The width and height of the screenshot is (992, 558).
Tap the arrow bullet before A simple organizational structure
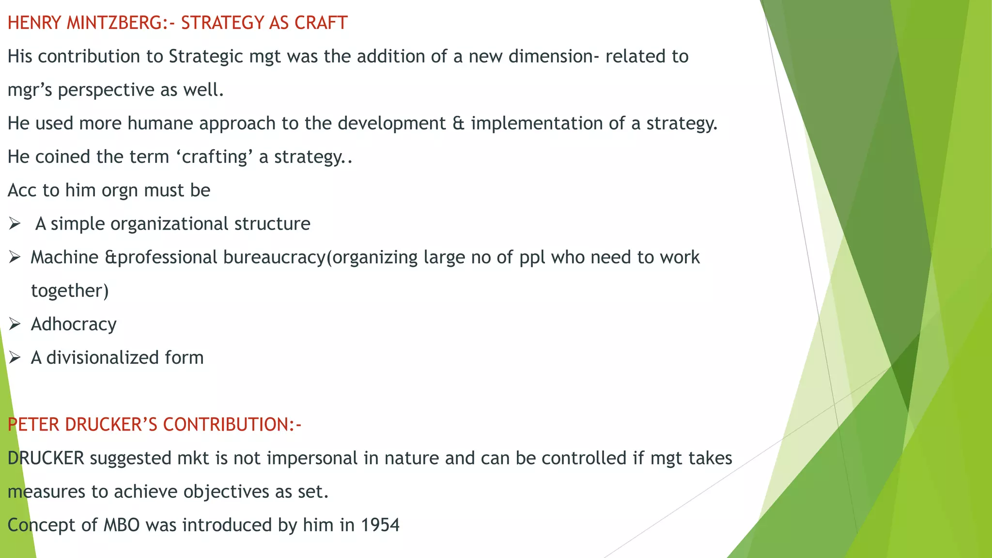click(15, 224)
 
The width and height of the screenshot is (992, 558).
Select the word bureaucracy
click(274, 257)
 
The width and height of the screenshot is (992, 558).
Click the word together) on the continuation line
click(70, 291)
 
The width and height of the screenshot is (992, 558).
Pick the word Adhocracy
click(74, 324)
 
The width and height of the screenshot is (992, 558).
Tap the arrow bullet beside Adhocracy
click(15, 324)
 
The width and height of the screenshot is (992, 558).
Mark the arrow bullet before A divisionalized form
click(15, 358)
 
